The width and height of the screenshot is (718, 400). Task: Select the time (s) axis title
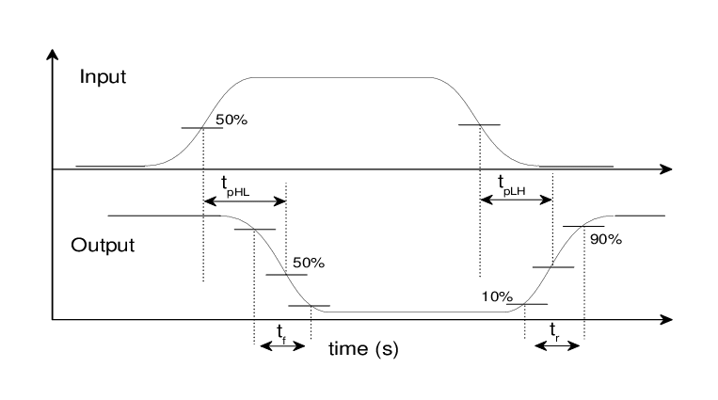pos(363,349)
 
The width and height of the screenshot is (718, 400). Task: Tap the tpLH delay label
pos(511,185)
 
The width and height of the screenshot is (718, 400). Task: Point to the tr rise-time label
pos(556,329)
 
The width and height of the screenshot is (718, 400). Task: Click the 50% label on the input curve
pos(232,120)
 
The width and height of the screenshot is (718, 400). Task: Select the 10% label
pos(496,296)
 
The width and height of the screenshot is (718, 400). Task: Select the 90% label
pos(605,239)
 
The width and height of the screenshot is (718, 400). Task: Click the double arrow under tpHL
pos(244,200)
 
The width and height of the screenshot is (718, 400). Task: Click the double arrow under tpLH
pos(516,200)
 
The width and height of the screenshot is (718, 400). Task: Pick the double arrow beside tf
pos(281,345)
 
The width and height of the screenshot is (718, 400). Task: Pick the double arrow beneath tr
pos(556,345)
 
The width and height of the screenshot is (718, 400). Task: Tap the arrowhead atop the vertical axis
pos(52,54)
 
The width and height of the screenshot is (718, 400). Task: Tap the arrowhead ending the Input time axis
pos(665,169)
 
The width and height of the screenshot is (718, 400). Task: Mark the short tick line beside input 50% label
pos(201,127)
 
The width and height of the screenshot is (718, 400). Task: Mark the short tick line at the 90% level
pos(582,226)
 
